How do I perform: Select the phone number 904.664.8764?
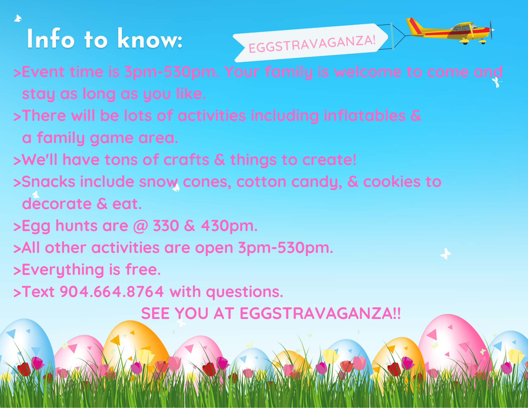[112, 292]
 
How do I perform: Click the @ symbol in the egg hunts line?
[141, 226]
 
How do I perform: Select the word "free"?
[143, 270]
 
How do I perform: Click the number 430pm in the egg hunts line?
[229, 226]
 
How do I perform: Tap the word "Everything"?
[63, 270]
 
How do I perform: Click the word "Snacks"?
[49, 182]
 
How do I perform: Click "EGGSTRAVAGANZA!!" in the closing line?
[320, 313]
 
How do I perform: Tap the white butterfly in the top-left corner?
[18, 18]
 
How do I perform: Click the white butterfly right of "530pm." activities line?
[446, 254]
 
